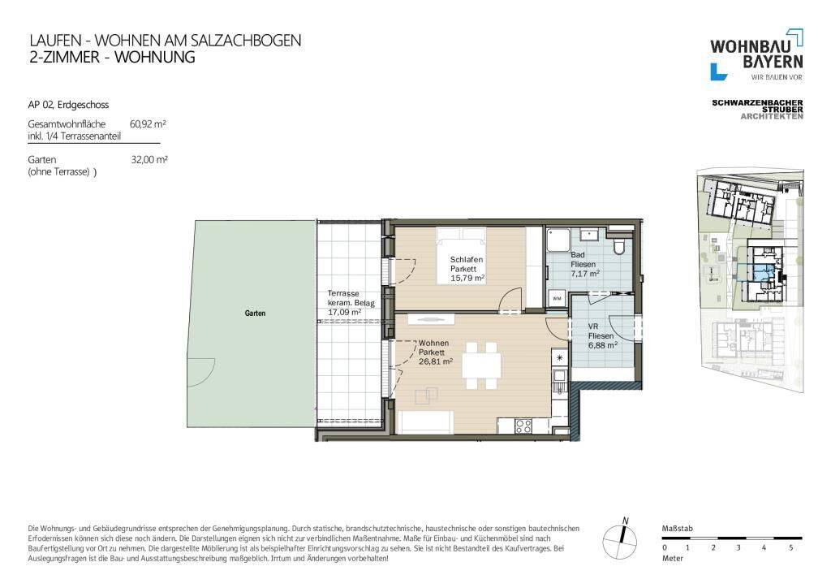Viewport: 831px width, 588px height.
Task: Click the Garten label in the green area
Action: coord(255,313)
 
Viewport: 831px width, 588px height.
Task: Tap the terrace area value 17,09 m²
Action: coord(344,313)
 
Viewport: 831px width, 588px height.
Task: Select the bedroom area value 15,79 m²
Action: coord(467,278)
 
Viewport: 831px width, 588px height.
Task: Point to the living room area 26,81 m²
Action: coord(436,361)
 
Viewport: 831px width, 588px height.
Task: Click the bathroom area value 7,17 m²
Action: coord(585,274)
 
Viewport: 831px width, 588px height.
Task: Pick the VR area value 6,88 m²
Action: coord(603,345)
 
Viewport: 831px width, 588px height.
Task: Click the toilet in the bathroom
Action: coord(618,245)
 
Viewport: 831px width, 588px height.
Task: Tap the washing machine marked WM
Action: coord(557,299)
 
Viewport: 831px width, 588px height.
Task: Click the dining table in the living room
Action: coord(482,365)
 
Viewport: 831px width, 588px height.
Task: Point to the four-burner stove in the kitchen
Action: coord(523,426)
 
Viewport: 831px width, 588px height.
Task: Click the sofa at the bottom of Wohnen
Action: coord(425,422)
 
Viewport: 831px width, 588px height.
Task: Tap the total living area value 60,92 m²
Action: coord(148,124)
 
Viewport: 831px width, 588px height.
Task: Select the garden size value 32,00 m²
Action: coord(149,160)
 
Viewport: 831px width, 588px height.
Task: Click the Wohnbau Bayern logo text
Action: coord(756,54)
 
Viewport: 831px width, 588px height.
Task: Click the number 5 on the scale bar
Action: coord(790,547)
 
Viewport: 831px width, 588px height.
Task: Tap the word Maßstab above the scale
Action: coord(678,529)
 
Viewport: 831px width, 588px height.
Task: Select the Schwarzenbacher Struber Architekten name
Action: coord(757,109)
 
